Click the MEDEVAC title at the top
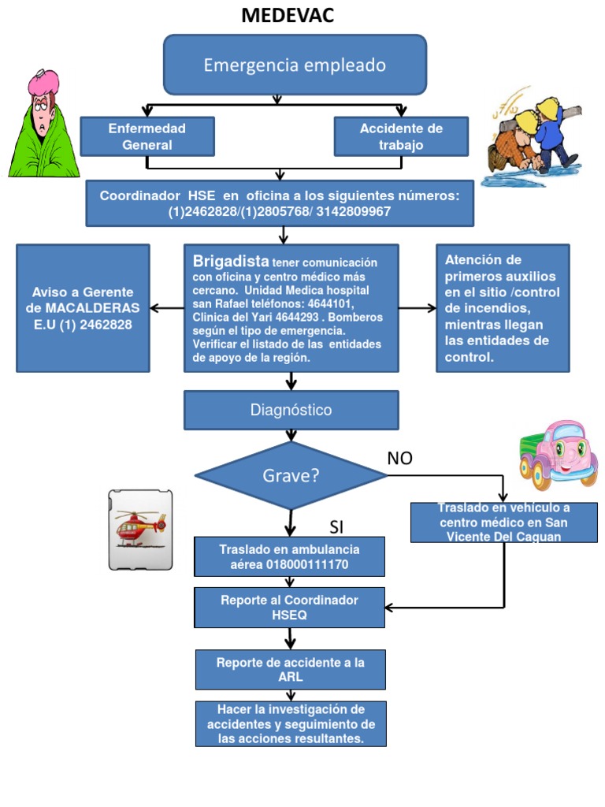288,15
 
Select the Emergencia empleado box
295,65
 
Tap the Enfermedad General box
147,136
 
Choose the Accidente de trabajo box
401,136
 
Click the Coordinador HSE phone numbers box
280,203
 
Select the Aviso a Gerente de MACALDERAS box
84,307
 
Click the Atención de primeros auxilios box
503,307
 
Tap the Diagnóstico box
291,410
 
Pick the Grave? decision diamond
291,475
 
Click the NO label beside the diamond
399,459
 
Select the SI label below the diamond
337,526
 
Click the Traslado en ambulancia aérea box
289,556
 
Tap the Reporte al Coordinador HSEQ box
289,607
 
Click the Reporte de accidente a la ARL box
290,669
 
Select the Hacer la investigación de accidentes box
291,723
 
